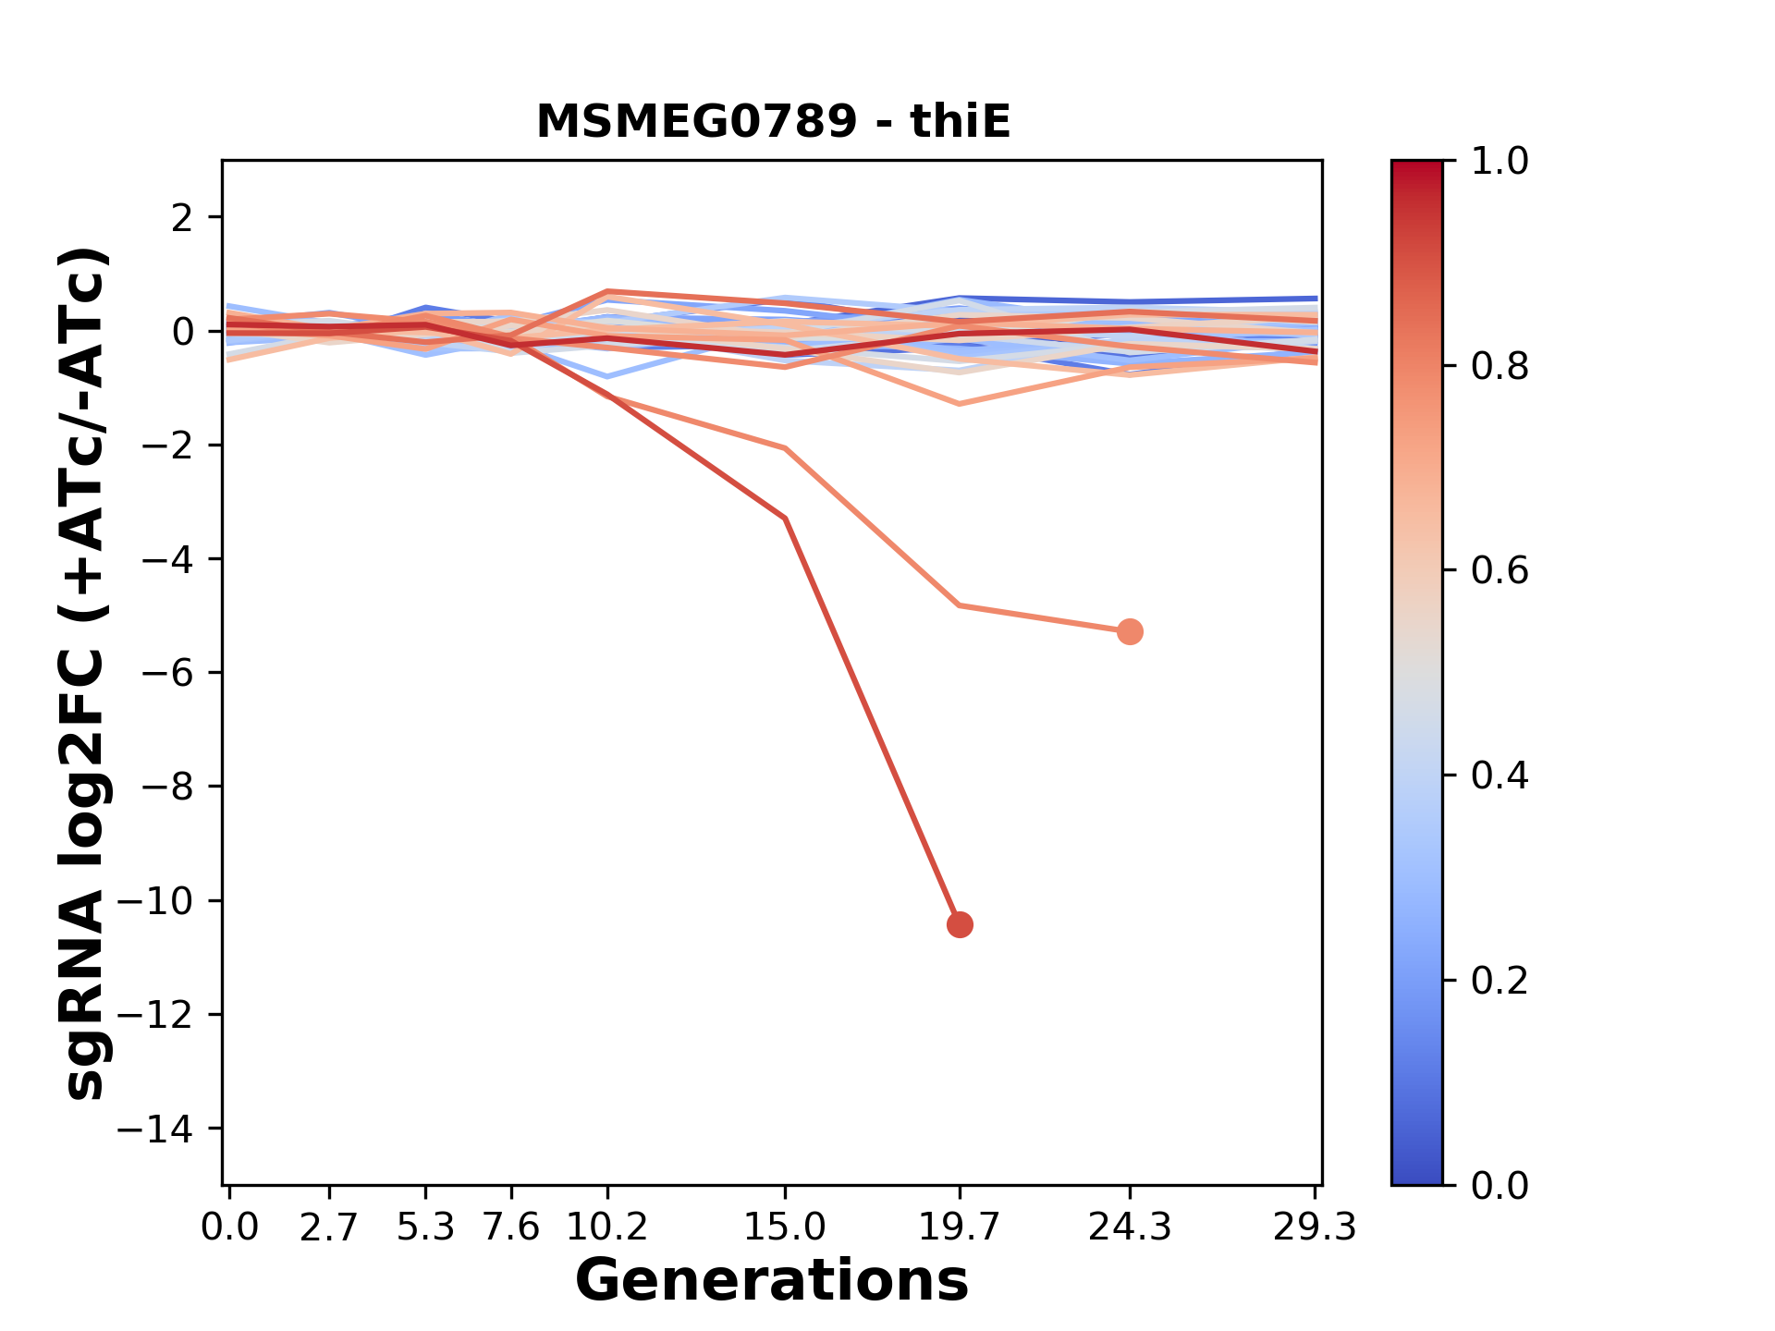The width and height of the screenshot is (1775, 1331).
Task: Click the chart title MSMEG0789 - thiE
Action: point(773,122)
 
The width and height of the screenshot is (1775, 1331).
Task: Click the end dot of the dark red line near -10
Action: point(960,924)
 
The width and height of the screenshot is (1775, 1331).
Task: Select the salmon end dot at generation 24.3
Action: point(1129,632)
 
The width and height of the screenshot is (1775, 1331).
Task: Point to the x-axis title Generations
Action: point(772,1281)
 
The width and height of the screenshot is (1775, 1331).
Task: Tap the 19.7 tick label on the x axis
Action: point(960,1227)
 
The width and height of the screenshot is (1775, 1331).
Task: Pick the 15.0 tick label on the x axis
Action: point(785,1227)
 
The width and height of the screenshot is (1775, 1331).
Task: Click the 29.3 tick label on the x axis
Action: point(1315,1227)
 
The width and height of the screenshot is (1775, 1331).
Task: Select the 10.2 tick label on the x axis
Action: point(606,1227)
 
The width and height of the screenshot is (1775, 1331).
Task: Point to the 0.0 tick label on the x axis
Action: point(230,1227)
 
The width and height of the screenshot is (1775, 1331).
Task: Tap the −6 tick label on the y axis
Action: point(167,673)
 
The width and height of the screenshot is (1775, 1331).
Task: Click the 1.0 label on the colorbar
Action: point(1500,162)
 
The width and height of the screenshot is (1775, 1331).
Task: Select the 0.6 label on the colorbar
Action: point(1500,571)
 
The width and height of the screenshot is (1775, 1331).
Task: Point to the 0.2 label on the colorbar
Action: point(1500,981)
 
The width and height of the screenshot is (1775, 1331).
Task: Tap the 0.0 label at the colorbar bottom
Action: point(1500,1186)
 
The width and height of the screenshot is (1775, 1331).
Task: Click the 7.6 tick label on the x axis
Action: point(511,1227)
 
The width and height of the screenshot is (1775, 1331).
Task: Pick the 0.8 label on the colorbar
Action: point(1500,367)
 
